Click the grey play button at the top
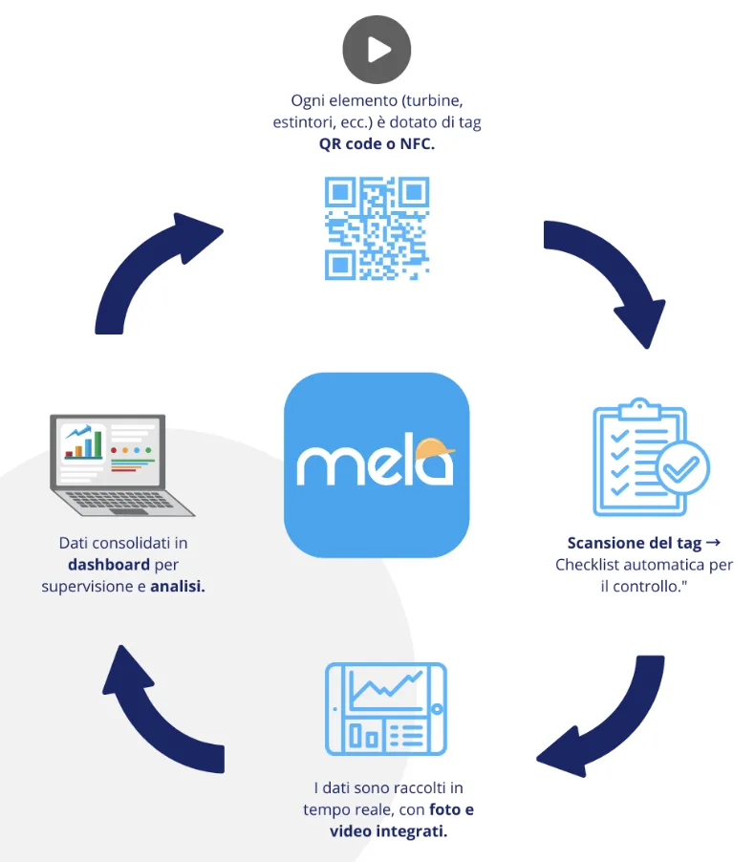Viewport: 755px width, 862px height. click(377, 50)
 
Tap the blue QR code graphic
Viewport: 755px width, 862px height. click(377, 228)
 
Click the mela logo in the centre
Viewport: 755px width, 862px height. click(377, 464)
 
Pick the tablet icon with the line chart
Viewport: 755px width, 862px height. click(386, 710)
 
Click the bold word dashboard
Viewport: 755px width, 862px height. click(109, 565)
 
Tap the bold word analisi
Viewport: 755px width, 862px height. click(178, 586)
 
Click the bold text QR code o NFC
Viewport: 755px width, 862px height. click(377, 144)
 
